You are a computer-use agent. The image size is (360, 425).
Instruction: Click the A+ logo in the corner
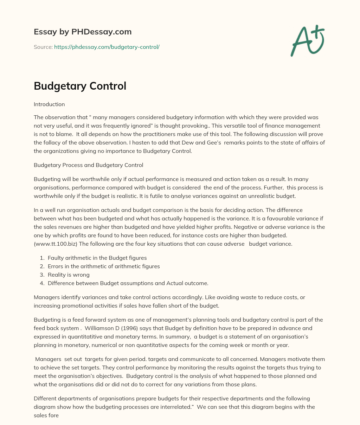coord(308,40)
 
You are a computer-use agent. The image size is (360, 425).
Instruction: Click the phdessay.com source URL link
coord(107,47)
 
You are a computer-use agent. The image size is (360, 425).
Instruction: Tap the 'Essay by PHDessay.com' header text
coord(83,32)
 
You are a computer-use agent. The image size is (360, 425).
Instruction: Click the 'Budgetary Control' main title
coord(80,86)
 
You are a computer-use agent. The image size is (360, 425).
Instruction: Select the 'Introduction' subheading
coord(49,104)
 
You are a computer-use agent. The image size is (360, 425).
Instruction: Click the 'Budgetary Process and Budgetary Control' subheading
coord(88,165)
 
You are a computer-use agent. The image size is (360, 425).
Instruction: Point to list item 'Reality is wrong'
coord(69,275)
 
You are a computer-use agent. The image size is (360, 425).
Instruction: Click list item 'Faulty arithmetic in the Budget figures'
coord(97,258)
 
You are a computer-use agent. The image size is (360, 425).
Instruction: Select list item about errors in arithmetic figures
coord(104,266)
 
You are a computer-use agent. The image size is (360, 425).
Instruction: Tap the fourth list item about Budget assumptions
coord(128,283)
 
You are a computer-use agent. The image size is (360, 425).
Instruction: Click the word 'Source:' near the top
coord(43,47)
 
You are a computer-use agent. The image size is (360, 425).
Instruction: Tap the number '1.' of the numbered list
coord(42,258)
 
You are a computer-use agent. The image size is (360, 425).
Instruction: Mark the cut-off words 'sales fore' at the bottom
coord(46,415)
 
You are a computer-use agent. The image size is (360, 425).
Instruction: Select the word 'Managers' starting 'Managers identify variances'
coord(46,297)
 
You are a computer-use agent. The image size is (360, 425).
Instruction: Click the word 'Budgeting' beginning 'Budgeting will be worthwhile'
coord(46,179)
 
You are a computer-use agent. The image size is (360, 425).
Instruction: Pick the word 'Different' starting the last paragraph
coord(45,398)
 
